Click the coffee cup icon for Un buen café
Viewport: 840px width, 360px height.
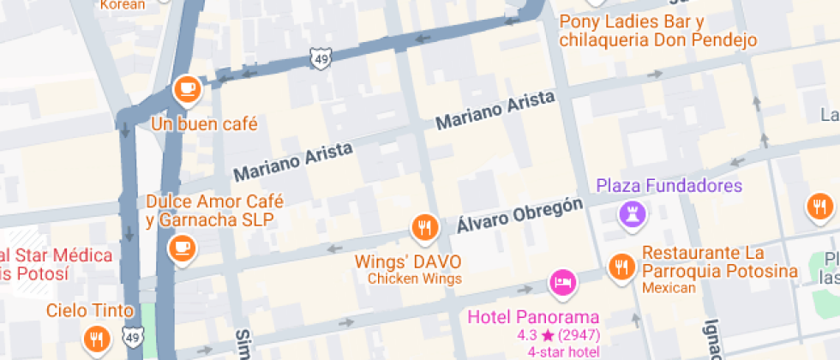click(186, 87)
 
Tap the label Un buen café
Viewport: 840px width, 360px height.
click(204, 123)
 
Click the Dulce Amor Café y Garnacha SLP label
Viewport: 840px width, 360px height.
click(214, 210)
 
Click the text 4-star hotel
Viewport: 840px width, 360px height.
click(563, 351)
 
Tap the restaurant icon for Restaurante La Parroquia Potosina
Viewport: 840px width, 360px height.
click(621, 267)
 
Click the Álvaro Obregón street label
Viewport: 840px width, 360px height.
click(519, 215)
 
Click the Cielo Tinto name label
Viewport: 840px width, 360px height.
click(90, 310)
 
